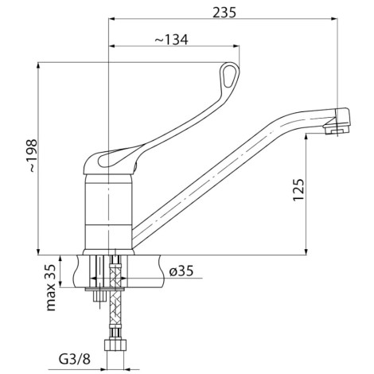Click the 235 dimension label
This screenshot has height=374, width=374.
pos(224,13)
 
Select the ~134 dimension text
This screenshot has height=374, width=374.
pos(171,40)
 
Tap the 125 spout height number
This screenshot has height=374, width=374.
pos(298,189)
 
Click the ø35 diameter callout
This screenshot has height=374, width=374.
pos(181,271)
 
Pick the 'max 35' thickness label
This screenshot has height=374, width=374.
pos(51,287)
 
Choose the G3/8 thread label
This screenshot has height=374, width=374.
pos(74,359)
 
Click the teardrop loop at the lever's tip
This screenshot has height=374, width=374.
pos(230,75)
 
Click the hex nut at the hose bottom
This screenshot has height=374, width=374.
pos(115,345)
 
